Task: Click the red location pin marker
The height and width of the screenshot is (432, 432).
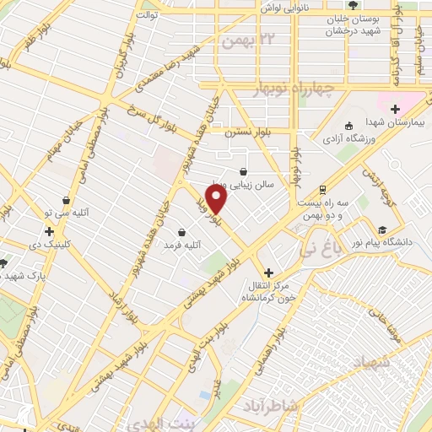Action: (218, 199)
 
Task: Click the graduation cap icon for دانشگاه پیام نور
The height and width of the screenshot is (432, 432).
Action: (382, 229)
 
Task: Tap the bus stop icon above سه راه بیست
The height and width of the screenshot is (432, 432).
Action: (322, 190)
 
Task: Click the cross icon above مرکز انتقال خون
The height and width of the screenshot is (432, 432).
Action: (268, 273)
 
